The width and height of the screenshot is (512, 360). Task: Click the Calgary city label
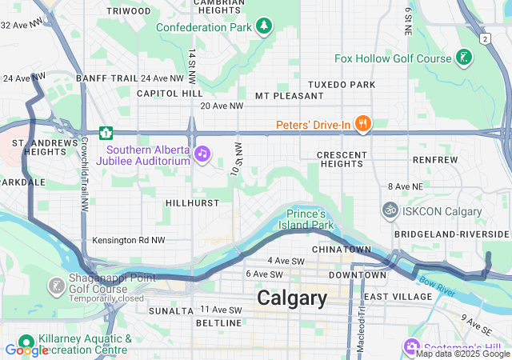[x=292, y=298]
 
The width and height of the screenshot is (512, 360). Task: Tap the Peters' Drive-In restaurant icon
[x=363, y=124]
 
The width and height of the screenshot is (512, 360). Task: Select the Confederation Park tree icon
[x=264, y=26]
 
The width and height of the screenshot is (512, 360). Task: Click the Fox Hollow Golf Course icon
[x=463, y=58]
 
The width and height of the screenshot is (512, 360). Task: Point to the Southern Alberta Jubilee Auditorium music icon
[x=202, y=152]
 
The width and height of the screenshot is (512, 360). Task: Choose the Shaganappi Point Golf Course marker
[x=57, y=286]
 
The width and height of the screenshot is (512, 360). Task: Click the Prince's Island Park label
[x=308, y=219]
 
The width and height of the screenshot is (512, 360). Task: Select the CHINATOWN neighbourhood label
[x=342, y=250]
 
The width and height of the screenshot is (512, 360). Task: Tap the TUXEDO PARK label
[x=342, y=84]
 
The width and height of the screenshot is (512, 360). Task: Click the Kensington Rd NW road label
[x=129, y=240]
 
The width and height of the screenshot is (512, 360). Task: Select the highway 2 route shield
[x=485, y=38]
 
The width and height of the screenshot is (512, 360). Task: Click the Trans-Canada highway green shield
[x=105, y=132]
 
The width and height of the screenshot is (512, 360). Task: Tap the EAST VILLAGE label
[x=398, y=297]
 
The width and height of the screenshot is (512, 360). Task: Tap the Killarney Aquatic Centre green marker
[x=26, y=341]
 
